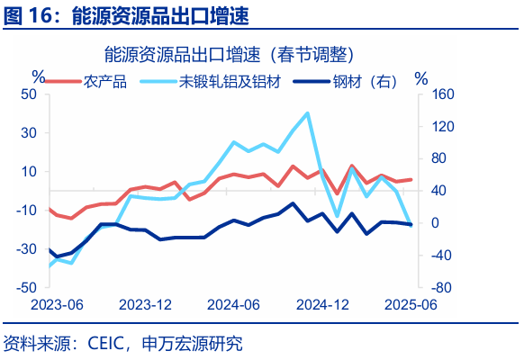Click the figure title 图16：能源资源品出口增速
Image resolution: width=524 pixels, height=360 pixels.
(x=126, y=15)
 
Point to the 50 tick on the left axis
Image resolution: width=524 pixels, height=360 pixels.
(x=28, y=94)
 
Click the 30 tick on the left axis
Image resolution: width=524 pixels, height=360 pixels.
(x=28, y=132)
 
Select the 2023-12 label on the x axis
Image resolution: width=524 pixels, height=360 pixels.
(x=145, y=304)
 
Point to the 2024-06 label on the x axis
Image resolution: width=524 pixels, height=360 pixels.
(x=233, y=304)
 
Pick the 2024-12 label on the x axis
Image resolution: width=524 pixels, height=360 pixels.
(x=323, y=304)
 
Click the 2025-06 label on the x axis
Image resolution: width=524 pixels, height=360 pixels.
(x=411, y=304)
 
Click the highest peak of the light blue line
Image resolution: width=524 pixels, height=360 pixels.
(x=308, y=112)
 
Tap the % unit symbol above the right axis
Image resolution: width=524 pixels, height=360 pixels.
(x=420, y=77)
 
